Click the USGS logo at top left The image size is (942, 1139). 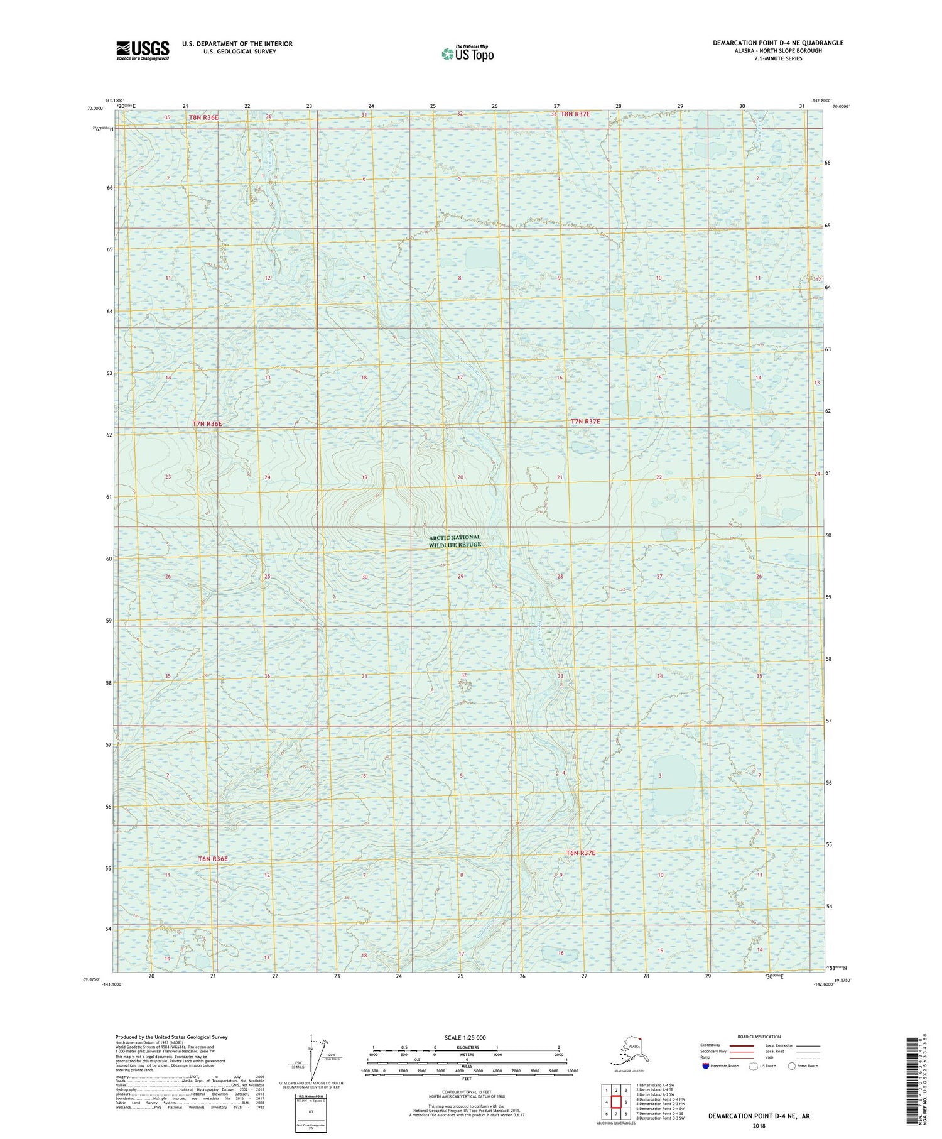(143, 50)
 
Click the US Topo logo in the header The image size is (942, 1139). (468, 53)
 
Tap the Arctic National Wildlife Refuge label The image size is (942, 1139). (455, 541)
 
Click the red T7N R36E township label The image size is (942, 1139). (207, 424)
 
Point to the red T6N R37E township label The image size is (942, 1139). (580, 853)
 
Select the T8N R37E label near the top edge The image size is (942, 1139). (575, 114)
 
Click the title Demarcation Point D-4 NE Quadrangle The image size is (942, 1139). (777, 43)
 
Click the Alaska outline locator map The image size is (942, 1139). (628, 1050)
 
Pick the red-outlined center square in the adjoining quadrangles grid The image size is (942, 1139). (617, 1102)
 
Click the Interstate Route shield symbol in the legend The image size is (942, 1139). (705, 1065)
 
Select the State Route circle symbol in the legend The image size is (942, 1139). (792, 1065)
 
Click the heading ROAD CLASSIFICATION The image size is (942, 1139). (759, 1037)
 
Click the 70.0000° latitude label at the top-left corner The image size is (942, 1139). (95, 108)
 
